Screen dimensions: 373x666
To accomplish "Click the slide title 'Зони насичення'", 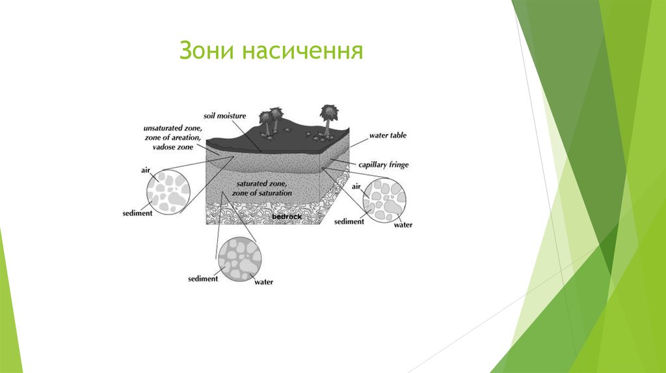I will [x=271, y=51].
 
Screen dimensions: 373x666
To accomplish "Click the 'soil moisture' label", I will [x=224, y=116].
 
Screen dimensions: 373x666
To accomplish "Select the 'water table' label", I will [x=388, y=135].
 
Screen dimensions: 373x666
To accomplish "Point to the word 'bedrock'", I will [x=287, y=216].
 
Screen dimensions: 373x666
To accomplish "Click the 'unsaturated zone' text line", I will [x=173, y=129].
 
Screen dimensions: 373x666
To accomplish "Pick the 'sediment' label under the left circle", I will [x=137, y=212].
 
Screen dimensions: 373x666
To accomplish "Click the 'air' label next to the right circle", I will [x=356, y=186].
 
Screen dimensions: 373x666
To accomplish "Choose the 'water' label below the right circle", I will [x=403, y=225].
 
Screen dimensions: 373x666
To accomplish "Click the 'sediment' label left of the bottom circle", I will [x=202, y=279].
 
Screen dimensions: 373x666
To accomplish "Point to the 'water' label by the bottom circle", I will [x=263, y=282].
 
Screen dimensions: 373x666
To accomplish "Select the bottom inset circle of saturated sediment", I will [x=240, y=258].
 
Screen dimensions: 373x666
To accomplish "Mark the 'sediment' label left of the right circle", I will [x=349, y=222].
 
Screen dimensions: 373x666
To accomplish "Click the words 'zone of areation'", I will [x=173, y=138].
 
